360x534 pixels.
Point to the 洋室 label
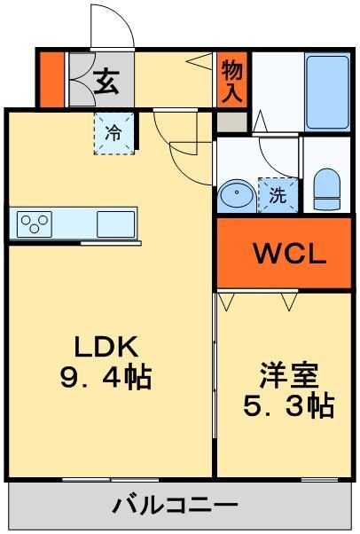[x=289, y=376]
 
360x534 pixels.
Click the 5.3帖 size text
[x=289, y=406]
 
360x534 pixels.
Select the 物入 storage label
[x=232, y=81]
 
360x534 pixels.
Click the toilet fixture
[x=326, y=189]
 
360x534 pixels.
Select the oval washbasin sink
[x=237, y=194]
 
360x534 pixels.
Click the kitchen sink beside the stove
[x=115, y=222]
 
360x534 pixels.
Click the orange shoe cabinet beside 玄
[x=54, y=80]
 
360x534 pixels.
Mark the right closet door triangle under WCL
[x=290, y=302]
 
